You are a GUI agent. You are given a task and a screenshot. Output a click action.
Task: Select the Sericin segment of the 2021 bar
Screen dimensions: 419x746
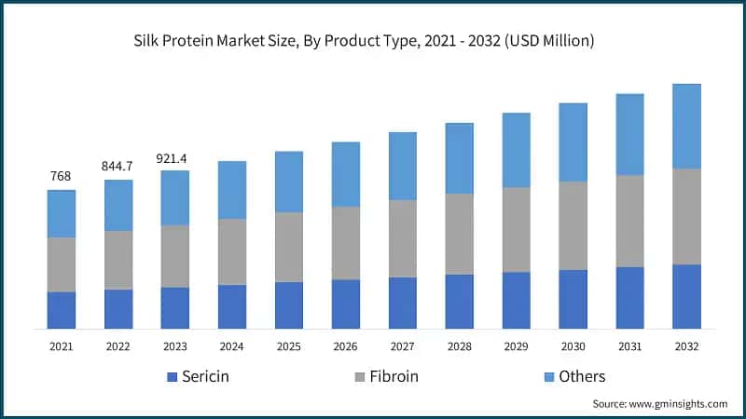click(62, 310)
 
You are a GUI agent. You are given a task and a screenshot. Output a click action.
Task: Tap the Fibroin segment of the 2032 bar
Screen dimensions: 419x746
click(686, 216)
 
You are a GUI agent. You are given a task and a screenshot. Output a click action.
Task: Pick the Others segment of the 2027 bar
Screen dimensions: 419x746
click(403, 166)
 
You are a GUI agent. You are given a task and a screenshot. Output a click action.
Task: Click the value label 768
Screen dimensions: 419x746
click(62, 176)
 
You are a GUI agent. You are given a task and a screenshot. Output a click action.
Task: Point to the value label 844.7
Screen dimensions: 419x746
click(117, 166)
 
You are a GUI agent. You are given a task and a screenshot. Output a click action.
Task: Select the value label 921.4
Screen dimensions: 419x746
click(174, 156)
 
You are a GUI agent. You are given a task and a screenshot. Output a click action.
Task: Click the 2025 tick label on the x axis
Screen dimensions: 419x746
click(288, 346)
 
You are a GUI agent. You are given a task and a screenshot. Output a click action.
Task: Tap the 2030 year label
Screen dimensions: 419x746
click(573, 346)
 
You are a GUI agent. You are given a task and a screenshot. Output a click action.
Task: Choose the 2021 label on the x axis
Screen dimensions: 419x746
click(62, 346)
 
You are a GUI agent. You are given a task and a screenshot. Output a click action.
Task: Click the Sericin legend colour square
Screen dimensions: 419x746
click(171, 377)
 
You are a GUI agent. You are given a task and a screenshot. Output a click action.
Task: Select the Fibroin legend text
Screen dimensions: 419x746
click(393, 377)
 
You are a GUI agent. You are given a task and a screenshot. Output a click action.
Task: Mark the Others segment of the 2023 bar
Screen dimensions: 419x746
click(174, 197)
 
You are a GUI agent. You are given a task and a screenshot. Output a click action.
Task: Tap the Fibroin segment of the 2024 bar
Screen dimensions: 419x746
click(231, 251)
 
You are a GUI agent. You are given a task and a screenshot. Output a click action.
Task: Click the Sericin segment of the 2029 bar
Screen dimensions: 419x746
click(516, 300)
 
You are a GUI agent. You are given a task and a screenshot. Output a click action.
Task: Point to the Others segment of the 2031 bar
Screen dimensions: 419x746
click(629, 134)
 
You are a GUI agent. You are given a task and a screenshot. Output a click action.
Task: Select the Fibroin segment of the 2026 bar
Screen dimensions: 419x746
click(346, 243)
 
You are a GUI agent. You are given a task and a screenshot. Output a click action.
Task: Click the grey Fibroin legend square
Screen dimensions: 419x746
click(358, 377)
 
